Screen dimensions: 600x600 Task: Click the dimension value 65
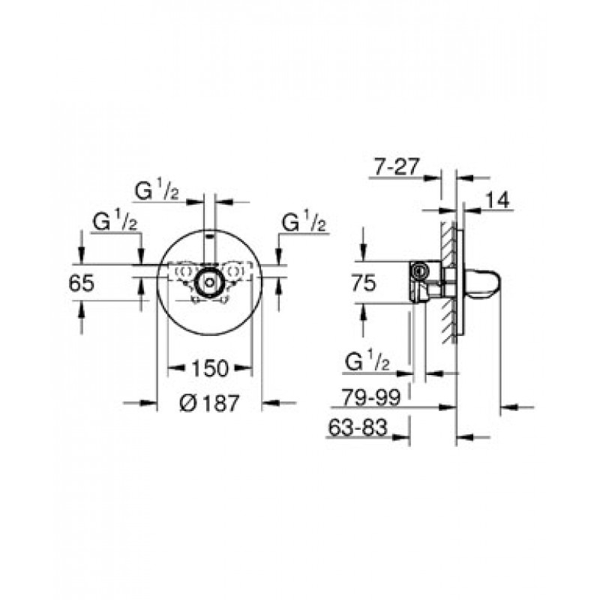coord(81,284)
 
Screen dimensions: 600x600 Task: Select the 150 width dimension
coord(210,368)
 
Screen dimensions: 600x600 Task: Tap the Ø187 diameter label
coord(209,403)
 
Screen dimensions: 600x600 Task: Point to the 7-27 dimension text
coord(397,166)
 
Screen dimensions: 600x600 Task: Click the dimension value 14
coord(498,199)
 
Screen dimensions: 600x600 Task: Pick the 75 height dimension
coord(364,283)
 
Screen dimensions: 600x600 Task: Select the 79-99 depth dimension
coord(370,397)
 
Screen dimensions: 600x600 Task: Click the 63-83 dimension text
coord(358,427)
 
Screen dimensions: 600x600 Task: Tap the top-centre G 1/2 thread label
coord(157,190)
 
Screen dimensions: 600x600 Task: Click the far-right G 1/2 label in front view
coord(304,222)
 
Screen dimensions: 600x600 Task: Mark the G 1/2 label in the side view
coord(367,361)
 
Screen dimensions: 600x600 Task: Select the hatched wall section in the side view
coord(448,283)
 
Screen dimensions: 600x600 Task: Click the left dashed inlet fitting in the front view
coord(184,271)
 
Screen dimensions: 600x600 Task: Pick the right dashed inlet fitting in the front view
coord(233,271)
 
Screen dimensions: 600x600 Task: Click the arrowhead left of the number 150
coord(175,368)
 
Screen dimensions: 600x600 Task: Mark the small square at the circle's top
coord(210,235)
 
